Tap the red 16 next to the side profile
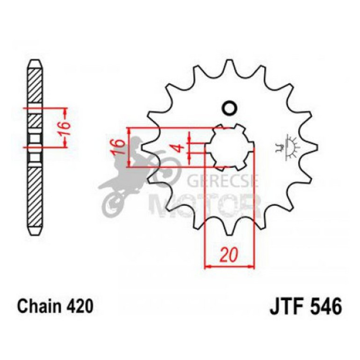[x=66, y=127]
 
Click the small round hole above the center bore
[x=230, y=108]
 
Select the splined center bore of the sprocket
[x=230, y=147]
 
